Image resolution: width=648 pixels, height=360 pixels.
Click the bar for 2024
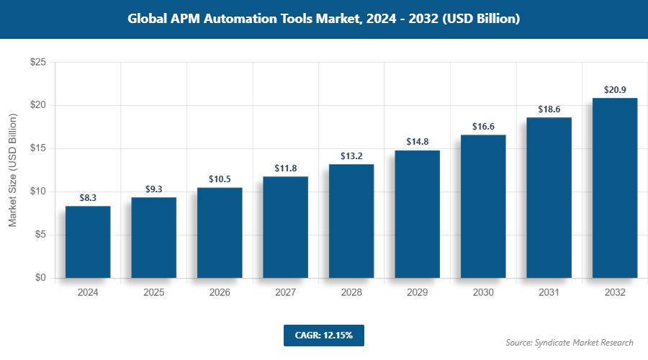click(88, 242)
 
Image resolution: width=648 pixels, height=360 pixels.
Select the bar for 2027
click(285, 227)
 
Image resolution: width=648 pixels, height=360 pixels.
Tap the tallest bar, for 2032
click(614, 188)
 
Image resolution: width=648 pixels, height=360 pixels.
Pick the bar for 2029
click(417, 214)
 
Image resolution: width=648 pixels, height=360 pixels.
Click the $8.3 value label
click(88, 197)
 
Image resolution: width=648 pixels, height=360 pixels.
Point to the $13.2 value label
click(351, 156)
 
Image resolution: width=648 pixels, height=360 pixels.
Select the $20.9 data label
click(614, 89)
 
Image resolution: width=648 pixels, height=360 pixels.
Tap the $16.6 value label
click(482, 126)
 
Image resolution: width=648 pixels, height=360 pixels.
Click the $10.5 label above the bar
click(220, 179)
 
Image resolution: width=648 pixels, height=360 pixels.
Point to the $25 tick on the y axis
click(38, 63)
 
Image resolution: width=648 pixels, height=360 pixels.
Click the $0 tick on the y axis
click(40, 278)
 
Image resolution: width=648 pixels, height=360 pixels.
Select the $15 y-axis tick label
click(38, 148)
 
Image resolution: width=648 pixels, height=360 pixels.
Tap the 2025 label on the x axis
click(153, 293)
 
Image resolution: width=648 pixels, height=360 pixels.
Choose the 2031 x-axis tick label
click(549, 293)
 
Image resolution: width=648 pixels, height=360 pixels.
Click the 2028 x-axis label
click(351, 293)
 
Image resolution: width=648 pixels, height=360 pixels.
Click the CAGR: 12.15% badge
click(324, 335)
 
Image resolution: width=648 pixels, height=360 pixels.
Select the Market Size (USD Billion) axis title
click(12, 170)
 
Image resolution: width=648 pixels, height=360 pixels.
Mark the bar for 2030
click(482, 206)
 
